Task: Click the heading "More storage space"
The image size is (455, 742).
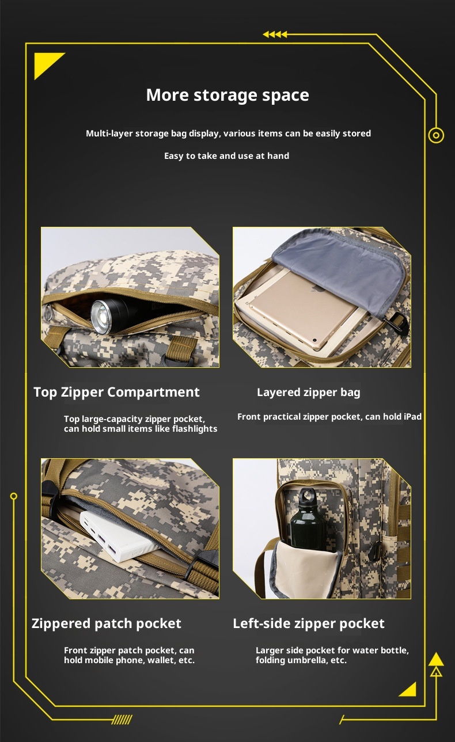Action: coord(227,96)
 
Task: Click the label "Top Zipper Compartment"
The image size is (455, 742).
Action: coord(117,392)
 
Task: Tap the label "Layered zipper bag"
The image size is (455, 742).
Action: coord(309,393)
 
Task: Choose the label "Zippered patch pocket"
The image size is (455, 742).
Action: coord(107,624)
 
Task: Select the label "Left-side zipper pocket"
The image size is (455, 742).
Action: coord(309,624)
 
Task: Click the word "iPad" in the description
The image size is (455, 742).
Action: coord(412,416)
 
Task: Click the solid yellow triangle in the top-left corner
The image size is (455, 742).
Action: coord(45,62)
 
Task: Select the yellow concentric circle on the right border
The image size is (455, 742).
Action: coord(436,135)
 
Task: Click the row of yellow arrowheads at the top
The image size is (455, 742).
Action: coord(275,35)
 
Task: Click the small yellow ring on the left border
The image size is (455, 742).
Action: coord(14,496)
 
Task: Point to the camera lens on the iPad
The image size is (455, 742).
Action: coord(313,340)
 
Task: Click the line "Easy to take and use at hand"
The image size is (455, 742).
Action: coord(227,155)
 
